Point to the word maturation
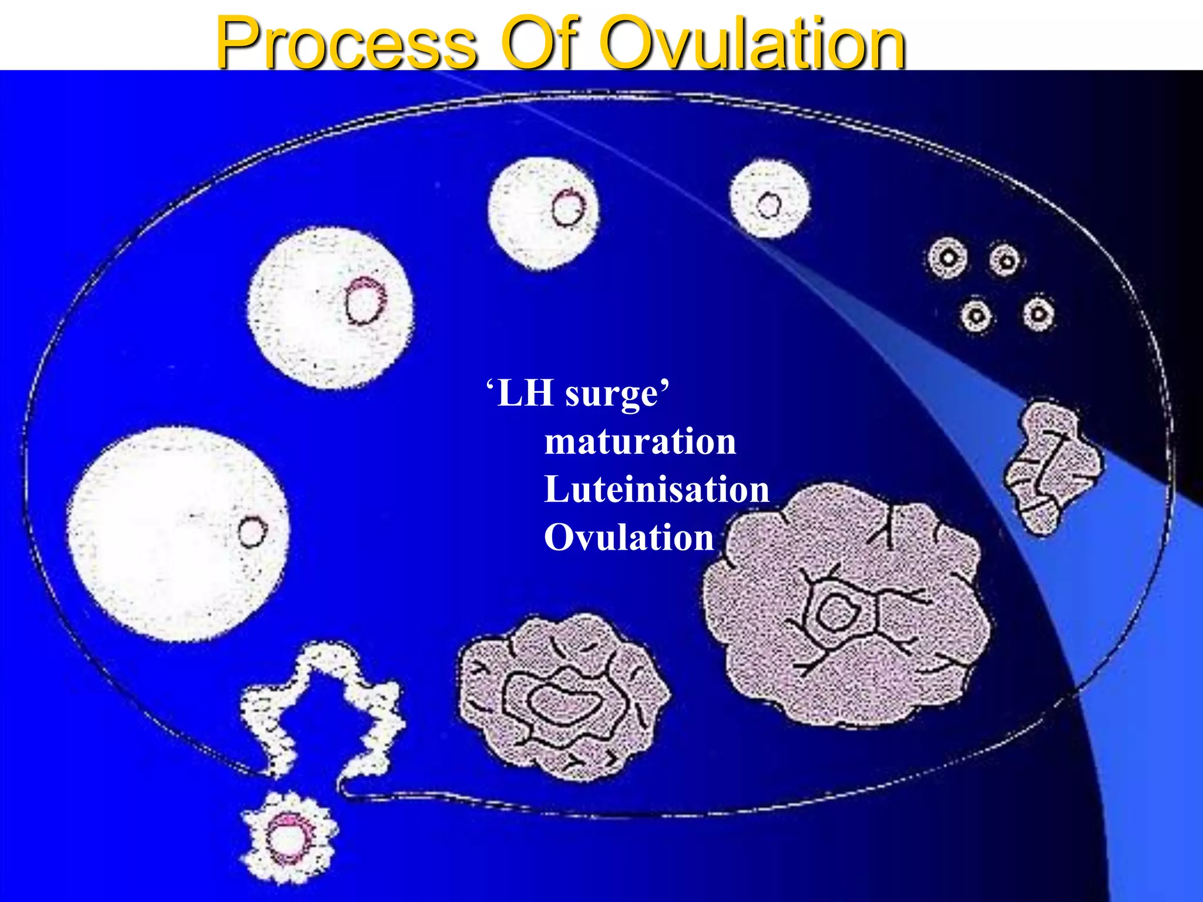640,441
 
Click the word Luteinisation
657,489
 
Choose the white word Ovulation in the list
629,537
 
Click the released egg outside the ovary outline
288,837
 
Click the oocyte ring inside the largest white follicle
253,532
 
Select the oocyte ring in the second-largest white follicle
364,301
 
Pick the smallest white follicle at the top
769,198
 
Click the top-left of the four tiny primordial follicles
947,258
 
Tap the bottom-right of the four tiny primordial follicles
1038,314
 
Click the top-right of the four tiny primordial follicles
1006,260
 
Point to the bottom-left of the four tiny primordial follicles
976,316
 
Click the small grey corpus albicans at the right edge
1051,467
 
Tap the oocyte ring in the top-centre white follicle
568,208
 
